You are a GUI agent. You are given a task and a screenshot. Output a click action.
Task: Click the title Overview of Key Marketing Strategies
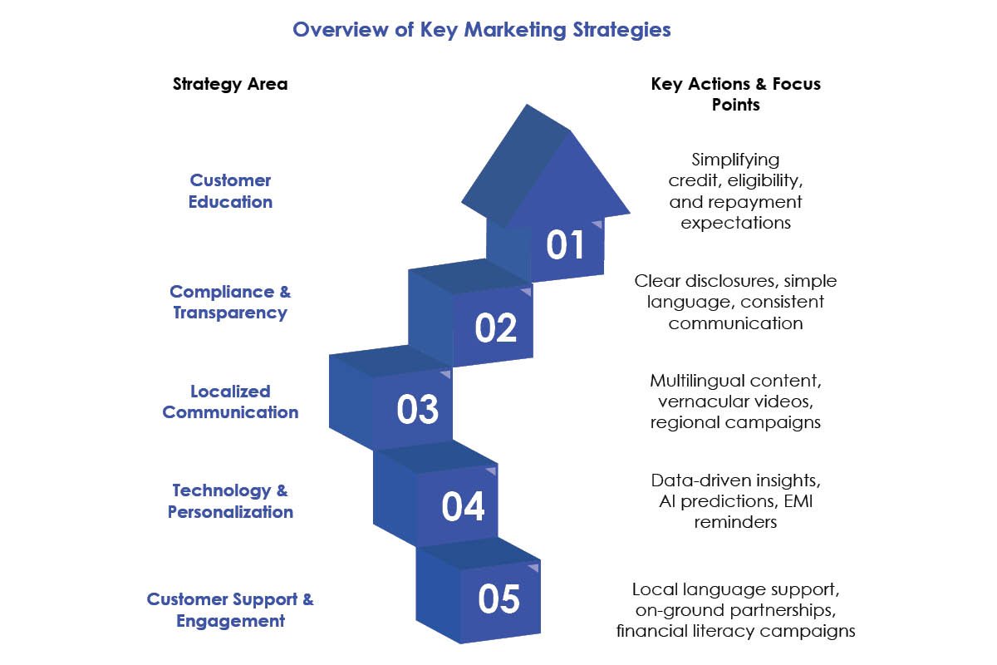[x=482, y=30]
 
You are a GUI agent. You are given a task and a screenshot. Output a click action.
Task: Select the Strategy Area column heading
[x=230, y=84]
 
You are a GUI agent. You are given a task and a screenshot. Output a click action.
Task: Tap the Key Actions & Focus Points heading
[x=736, y=94]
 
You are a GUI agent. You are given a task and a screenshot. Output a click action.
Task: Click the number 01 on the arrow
[x=565, y=244]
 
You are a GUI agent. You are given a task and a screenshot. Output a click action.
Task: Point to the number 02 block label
[x=495, y=328]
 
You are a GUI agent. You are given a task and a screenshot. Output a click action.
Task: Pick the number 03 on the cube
[x=417, y=409]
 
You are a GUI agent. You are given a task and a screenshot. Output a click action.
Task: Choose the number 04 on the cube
[x=463, y=506]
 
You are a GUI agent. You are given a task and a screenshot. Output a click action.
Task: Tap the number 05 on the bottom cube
[x=499, y=599]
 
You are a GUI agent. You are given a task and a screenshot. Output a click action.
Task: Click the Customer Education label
[x=230, y=191]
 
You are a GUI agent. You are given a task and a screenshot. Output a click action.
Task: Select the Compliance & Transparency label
[x=230, y=303]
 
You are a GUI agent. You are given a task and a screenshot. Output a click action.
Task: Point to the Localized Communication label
[x=230, y=402]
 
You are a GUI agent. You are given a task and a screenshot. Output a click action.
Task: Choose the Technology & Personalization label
[x=230, y=501]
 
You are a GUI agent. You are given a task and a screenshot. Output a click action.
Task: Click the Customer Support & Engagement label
[x=230, y=610]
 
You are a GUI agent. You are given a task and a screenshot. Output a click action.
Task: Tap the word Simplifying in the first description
[x=735, y=160]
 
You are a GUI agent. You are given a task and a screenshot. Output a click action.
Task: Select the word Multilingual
[x=690, y=382]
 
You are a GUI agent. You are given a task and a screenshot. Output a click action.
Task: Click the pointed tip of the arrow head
[x=527, y=105]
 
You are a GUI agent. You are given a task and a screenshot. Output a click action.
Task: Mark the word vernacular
[x=701, y=402]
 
